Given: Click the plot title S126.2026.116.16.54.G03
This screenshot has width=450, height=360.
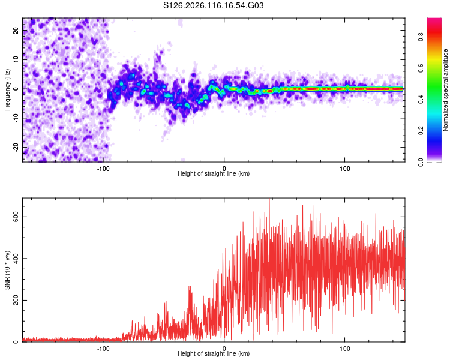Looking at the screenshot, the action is [x=213, y=5].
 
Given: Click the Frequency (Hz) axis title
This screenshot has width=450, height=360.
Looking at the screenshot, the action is [x=7, y=90].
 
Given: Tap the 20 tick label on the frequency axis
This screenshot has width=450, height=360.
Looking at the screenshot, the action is [x=16, y=30].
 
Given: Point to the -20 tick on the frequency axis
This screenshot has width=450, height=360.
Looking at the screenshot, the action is [x=16, y=148].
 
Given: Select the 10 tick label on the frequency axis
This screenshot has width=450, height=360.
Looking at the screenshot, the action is [x=16, y=59].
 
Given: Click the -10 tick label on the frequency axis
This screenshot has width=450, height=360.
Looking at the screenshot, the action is [x=16, y=118].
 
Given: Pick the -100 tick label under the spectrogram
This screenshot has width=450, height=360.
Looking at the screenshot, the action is [x=103, y=169].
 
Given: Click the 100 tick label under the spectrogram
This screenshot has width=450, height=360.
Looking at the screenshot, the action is [x=344, y=169].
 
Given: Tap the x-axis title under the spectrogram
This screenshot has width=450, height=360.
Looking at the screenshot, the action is [x=214, y=173].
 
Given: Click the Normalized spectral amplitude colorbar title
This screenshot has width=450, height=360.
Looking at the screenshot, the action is [x=445, y=90].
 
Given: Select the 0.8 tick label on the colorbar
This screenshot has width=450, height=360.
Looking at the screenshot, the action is [x=421, y=37].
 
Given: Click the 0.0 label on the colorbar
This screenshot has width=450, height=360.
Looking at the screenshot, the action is [x=421, y=162].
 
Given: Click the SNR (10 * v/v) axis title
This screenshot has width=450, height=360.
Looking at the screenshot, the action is [x=7, y=270].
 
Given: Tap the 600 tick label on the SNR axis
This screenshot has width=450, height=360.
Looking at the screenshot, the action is [x=16, y=217].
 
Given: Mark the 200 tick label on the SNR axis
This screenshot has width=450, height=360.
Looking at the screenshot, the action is [x=16, y=300].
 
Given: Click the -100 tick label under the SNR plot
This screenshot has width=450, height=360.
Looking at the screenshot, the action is [x=103, y=349].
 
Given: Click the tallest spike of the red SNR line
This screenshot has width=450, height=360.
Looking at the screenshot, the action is [x=269, y=199].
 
